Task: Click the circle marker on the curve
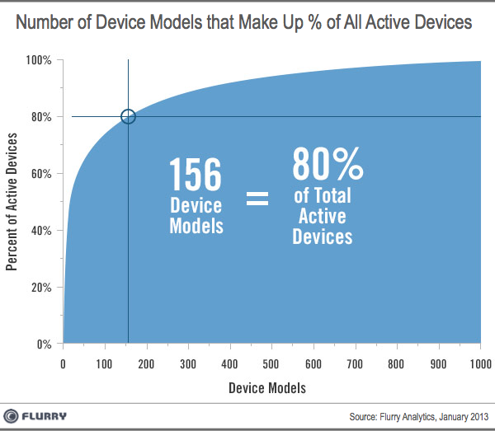click(128, 116)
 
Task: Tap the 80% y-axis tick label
click(41, 117)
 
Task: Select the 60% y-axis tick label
click(41, 174)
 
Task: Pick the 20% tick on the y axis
click(41, 288)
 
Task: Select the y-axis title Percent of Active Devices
click(13, 202)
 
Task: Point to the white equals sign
click(257, 199)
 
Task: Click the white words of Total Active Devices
click(323, 216)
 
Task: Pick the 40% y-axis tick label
click(41, 231)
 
